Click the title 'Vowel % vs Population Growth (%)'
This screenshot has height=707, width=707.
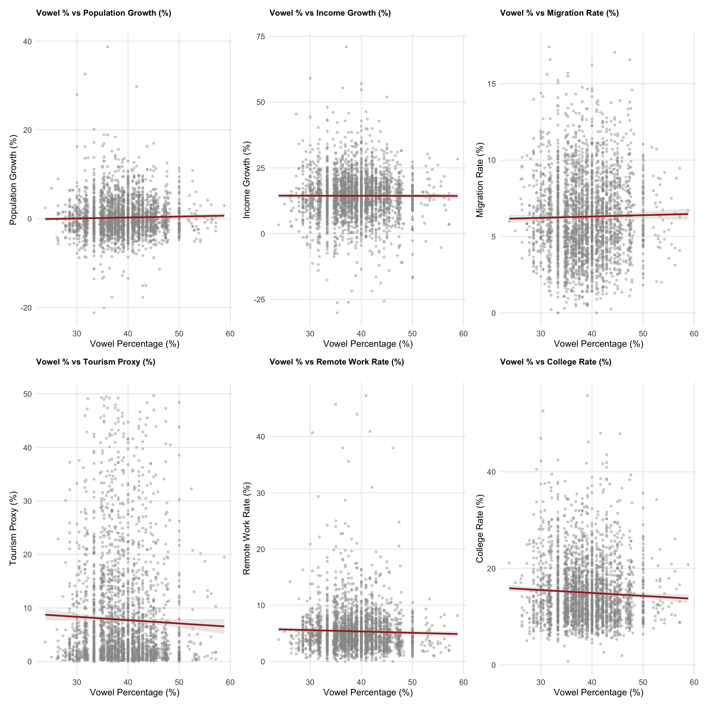click(103, 13)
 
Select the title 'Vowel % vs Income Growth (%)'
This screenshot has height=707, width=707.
click(330, 13)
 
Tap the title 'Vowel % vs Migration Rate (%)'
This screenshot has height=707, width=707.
click(559, 13)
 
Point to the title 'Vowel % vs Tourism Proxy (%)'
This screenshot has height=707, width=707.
click(95, 362)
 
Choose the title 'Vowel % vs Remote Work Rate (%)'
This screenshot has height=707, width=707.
click(337, 362)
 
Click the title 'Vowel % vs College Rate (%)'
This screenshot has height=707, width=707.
click(555, 362)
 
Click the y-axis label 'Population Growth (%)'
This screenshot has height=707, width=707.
click(13, 180)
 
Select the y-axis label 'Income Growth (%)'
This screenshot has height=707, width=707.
click(247, 180)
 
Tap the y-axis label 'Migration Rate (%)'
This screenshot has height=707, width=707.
click(480, 180)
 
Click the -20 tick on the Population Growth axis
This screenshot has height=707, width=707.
click(26, 308)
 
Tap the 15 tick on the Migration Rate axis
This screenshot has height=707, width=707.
click(491, 84)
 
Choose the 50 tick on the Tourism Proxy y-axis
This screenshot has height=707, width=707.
click(27, 394)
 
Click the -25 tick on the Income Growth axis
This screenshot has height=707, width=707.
click(260, 299)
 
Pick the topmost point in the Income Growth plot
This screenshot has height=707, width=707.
click(346, 47)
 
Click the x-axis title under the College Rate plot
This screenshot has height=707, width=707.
click(598, 692)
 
